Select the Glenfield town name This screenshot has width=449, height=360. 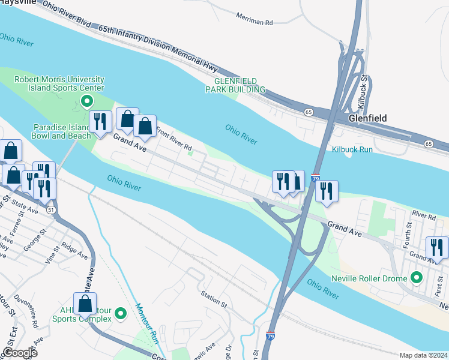point(369,119)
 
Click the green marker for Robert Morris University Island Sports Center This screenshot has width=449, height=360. point(86,101)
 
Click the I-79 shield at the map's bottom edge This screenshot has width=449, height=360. point(271,338)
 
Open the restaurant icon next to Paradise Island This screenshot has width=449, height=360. point(100,121)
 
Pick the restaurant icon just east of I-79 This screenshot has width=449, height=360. point(326,190)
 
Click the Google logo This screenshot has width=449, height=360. point(20,353)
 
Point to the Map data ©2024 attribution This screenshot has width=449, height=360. point(423,355)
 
